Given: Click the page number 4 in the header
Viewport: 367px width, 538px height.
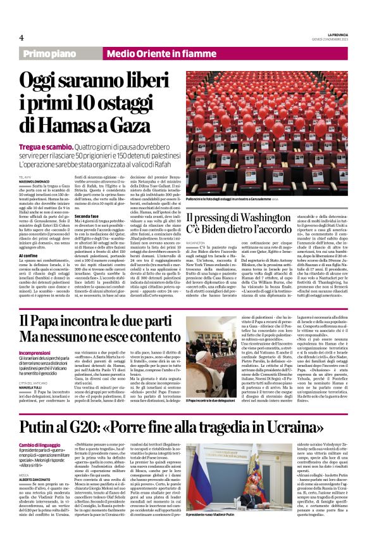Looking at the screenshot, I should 22,37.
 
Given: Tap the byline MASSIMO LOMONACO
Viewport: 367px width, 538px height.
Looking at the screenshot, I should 37,183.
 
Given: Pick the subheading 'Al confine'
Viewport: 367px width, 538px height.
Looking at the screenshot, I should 28,255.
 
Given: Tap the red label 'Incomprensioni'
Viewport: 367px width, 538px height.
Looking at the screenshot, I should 36,354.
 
